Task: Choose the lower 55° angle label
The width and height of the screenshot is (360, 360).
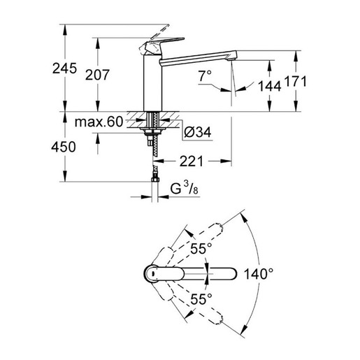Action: coord(201,301)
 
